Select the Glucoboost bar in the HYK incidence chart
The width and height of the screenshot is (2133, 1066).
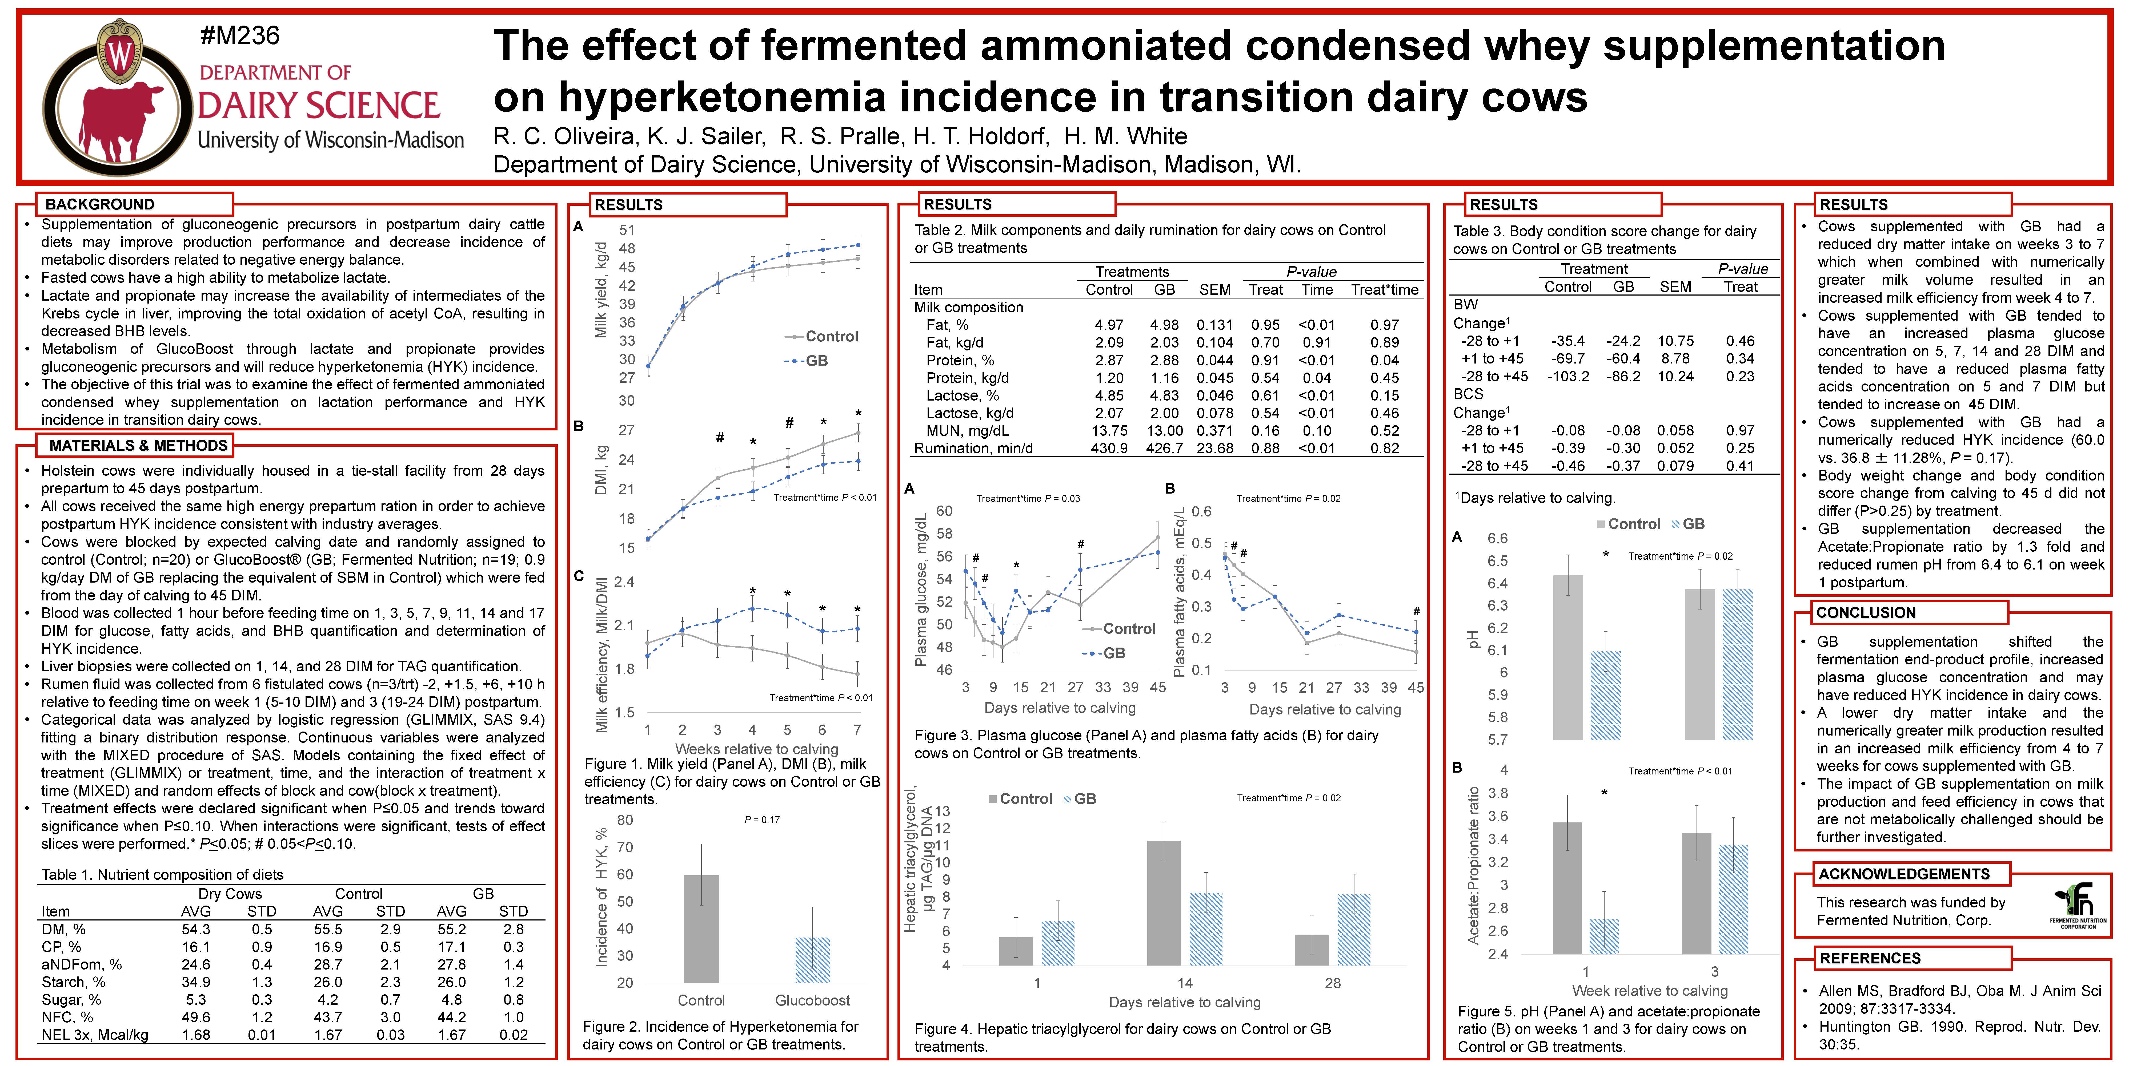812,960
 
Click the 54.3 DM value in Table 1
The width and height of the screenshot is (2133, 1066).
196,930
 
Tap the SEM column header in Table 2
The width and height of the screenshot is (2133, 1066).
1215,290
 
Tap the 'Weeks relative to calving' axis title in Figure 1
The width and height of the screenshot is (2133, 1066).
757,748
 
